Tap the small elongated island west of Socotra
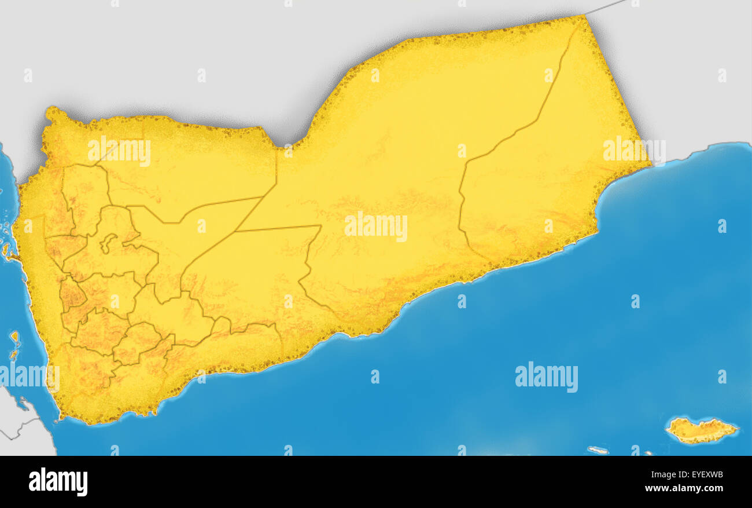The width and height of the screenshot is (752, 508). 598,450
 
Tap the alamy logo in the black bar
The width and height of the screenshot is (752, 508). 58,482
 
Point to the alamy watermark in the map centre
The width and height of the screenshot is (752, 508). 375,226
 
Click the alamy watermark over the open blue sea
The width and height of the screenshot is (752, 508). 546,377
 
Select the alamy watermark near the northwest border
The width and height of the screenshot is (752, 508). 119,152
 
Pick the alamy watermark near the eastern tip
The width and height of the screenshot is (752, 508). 633,151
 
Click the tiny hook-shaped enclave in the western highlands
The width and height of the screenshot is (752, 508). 108,242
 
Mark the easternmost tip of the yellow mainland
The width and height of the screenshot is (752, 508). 650,165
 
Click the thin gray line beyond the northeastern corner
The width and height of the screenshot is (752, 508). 604,7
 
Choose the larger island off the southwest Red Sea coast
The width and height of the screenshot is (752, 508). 14,339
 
